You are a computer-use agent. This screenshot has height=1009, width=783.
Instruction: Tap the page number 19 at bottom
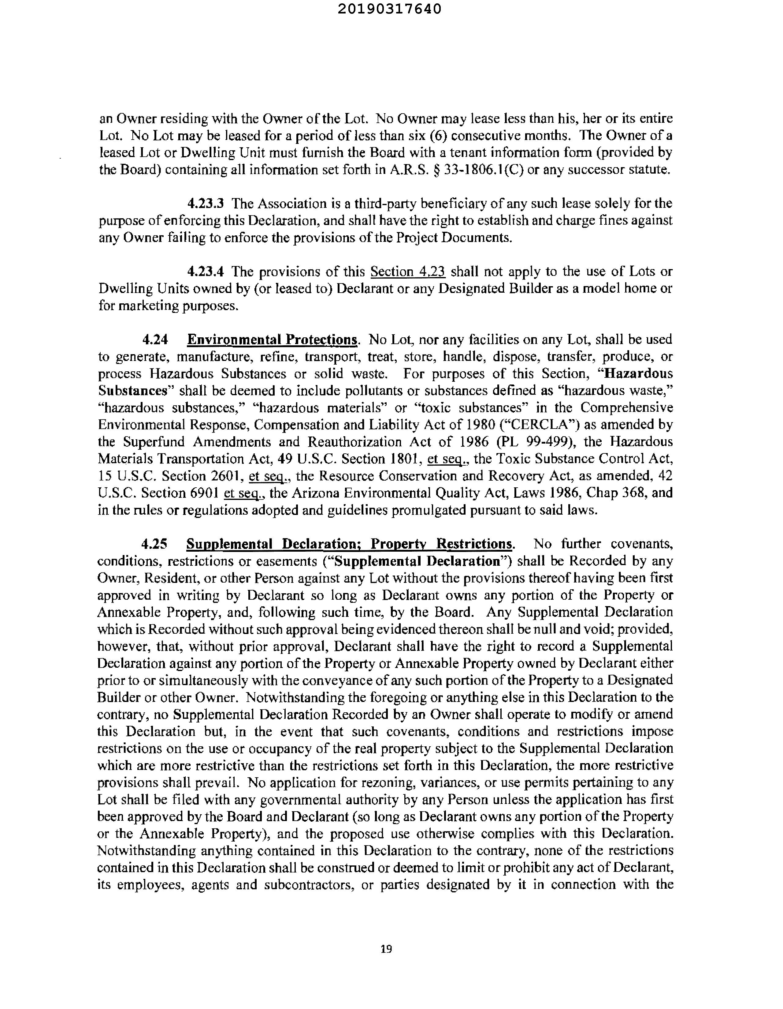point(386,949)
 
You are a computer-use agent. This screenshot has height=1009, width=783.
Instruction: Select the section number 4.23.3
point(206,203)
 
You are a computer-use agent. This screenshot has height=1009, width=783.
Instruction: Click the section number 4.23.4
point(206,271)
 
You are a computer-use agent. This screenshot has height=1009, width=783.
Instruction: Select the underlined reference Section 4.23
point(408,271)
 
